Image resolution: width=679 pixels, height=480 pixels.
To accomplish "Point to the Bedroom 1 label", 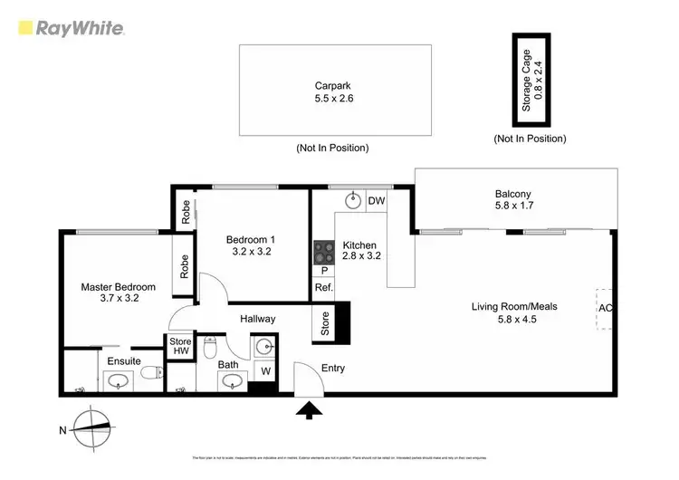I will (x=249, y=246).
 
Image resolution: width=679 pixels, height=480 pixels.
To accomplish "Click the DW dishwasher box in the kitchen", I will (x=377, y=201).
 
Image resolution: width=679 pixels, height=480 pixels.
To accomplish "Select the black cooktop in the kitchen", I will (x=322, y=252).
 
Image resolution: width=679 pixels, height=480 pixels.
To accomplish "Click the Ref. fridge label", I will (x=323, y=287).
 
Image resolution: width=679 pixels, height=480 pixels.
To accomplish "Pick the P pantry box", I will (x=323, y=270).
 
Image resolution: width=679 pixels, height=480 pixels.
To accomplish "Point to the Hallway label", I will (x=258, y=319).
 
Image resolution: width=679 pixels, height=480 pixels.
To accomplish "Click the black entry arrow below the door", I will (x=310, y=411).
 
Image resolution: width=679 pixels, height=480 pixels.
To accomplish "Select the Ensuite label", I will (x=124, y=360).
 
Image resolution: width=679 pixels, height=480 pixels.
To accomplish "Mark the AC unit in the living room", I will (x=604, y=308).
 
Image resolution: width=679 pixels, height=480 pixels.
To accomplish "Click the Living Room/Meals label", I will (x=514, y=312).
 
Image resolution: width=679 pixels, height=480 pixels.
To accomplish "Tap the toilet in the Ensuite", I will (x=154, y=370).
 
